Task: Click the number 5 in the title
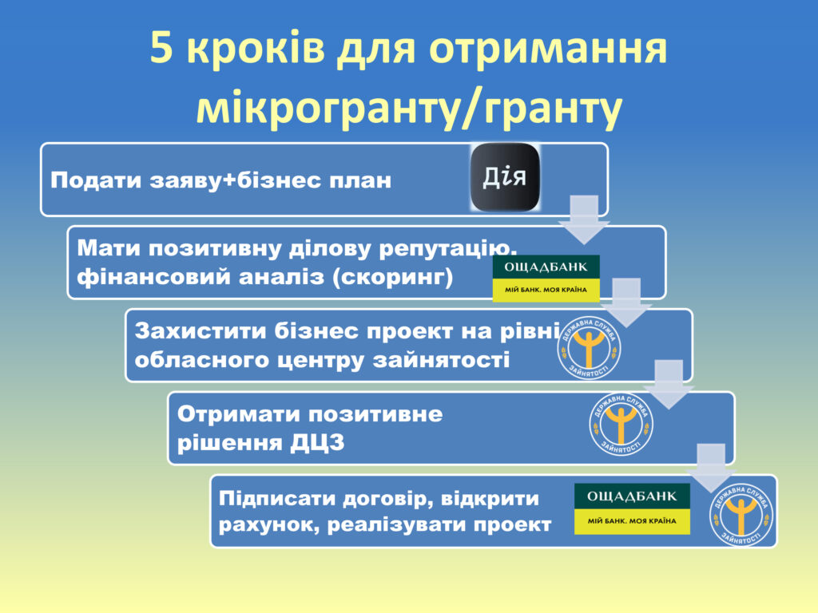161,47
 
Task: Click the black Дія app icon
505,177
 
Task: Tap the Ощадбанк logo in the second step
546,279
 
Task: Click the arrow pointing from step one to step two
584,219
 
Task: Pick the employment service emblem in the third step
589,348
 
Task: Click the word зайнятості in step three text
441,360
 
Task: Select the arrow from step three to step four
669,384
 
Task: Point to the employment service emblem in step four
621,424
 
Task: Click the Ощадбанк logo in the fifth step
633,508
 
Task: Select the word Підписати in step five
277,499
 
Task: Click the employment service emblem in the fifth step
741,515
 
